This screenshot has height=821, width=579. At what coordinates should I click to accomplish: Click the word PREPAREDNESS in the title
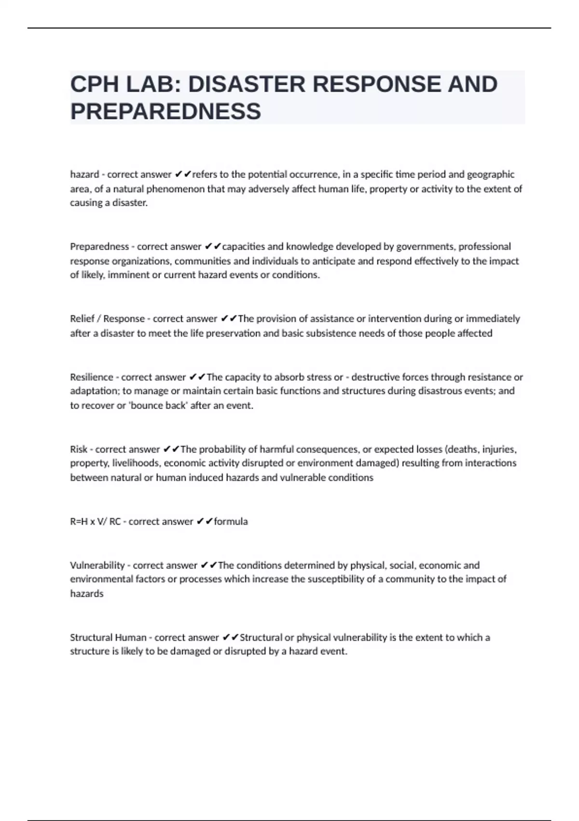point(165,112)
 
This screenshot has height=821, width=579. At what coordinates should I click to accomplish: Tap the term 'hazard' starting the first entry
point(84,174)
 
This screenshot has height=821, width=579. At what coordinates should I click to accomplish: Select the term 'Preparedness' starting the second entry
point(99,247)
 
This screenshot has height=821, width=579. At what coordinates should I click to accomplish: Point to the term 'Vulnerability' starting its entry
point(97,565)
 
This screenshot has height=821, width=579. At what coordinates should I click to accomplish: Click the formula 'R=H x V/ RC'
point(95,522)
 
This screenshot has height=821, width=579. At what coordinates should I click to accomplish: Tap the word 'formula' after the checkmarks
point(231,522)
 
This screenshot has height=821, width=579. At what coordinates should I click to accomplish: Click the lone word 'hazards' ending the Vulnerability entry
point(87,594)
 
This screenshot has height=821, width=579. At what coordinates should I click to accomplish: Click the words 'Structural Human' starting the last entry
point(108,637)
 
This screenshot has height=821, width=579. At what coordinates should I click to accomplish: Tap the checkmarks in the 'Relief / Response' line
point(229,319)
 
